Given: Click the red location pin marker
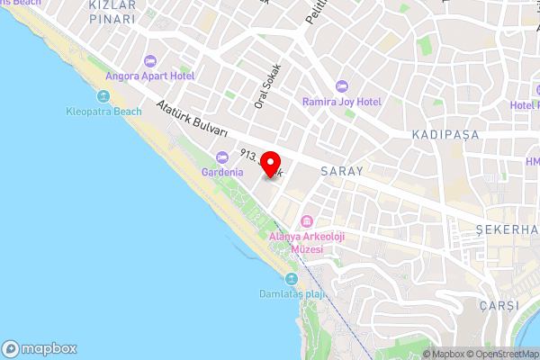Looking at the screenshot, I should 270,166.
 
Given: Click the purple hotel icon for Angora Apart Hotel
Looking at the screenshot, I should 149,60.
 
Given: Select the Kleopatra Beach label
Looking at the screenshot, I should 104,112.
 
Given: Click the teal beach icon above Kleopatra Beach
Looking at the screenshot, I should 101,96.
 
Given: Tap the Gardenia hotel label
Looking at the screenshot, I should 222,172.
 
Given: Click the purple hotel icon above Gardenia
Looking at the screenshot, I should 221,157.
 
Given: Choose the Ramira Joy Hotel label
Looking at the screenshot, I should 342,103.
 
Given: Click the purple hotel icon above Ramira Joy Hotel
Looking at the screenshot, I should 341,86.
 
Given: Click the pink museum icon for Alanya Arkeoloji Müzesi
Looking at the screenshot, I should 307,221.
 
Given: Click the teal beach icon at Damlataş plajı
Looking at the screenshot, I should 291,279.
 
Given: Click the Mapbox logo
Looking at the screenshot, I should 40,348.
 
